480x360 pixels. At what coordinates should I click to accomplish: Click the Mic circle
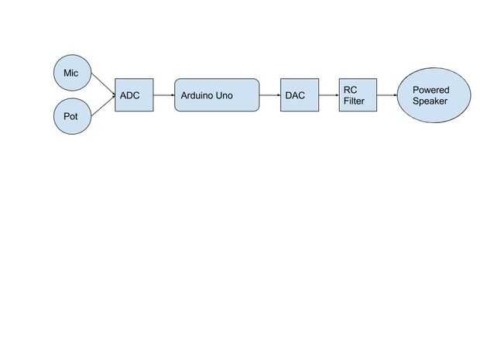coord(71,74)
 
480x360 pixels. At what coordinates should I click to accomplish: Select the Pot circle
coord(71,117)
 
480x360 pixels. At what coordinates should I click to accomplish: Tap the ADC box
coord(134,95)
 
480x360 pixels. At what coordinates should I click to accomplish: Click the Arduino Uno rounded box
coord(217,95)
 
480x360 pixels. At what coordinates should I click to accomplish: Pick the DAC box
coord(299,95)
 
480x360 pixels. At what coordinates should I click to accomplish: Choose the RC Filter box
coord(358,95)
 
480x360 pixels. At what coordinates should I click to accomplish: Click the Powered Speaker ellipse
coord(434,95)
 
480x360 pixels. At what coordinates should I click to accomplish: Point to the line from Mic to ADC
coord(104,84)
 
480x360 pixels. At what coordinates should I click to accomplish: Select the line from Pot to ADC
coord(104,107)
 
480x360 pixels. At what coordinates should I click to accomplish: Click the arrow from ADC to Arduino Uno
coord(163,95)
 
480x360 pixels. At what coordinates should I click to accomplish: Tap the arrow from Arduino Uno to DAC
coord(269,95)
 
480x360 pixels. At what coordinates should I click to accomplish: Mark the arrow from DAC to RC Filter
coord(328,95)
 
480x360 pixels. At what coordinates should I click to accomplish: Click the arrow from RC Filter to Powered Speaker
coord(386,95)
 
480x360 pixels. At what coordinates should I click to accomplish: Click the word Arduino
coord(197,96)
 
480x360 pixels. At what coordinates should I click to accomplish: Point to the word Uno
coord(224,96)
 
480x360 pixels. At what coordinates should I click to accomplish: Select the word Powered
coord(430,90)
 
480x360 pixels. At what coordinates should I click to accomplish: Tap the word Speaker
coord(430,101)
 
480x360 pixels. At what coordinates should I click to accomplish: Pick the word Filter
coord(354,101)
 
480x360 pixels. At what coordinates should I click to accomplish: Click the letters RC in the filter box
coord(350,90)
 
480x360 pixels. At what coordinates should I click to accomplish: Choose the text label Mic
coord(70,74)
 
